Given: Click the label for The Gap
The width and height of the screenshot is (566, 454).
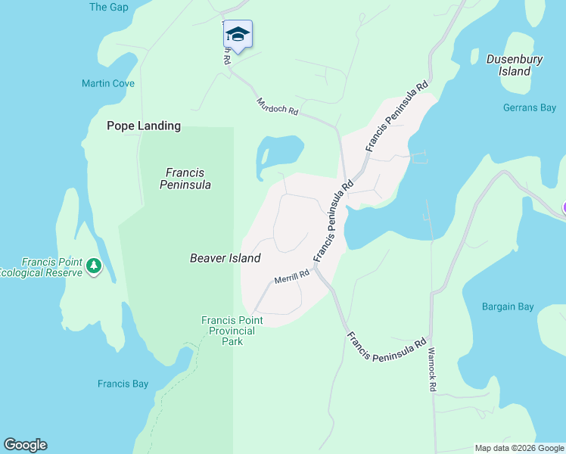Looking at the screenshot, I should tap(109, 7).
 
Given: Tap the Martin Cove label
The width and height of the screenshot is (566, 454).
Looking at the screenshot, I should tap(108, 83).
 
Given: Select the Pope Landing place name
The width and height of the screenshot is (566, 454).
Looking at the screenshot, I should tap(144, 126).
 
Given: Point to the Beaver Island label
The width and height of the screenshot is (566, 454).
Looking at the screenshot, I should tap(225, 258).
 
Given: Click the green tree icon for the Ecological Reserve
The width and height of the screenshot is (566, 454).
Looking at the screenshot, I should tap(94, 266).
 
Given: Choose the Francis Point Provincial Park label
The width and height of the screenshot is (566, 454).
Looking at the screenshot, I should tap(232, 331).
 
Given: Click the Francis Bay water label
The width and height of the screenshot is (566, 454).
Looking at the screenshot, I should tap(123, 384).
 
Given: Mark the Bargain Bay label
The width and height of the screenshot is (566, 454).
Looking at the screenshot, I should tap(508, 306).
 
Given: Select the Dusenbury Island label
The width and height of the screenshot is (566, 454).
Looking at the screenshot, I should tap(515, 64).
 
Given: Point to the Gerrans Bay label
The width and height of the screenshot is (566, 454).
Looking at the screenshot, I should tap(530, 107).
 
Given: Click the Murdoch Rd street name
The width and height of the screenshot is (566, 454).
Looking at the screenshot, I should tap(278, 106).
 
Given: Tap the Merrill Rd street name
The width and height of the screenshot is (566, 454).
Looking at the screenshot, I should tap(292, 277).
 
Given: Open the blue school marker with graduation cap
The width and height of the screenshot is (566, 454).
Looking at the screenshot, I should tap(238, 35).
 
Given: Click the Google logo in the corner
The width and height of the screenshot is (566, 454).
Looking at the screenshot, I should tap(25, 445).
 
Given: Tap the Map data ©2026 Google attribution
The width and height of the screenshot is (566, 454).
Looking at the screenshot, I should tap(519, 448).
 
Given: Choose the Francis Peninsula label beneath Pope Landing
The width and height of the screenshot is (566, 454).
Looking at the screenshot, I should tap(185, 179).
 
